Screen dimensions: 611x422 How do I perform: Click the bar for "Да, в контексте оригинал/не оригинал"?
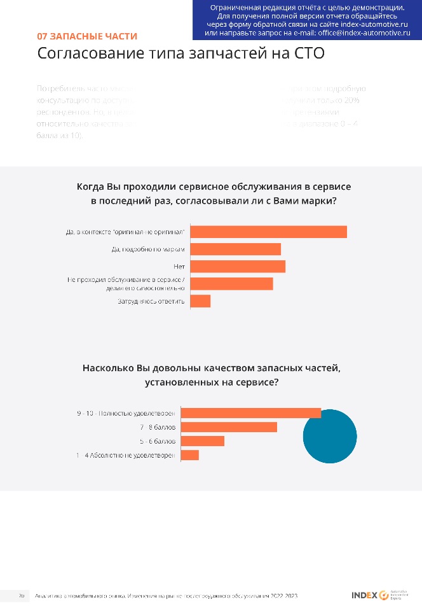click(268, 232)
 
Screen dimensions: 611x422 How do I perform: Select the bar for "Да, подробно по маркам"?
click(235, 249)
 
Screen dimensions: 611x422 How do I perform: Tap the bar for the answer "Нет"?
click(238, 266)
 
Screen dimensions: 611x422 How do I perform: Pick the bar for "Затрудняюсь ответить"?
click(200, 301)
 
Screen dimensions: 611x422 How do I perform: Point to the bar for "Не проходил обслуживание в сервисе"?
click(231, 284)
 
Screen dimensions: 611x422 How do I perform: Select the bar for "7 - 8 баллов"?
click(229, 427)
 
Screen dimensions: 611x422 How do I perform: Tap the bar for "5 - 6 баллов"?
click(203, 441)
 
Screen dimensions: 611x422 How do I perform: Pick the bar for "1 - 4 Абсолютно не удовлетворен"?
click(190, 455)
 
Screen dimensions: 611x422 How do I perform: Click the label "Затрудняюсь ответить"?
click(151, 301)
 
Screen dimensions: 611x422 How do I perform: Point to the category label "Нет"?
click(179, 266)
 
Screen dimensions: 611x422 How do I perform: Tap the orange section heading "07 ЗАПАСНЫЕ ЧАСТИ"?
click(87, 36)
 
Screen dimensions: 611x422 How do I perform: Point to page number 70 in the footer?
click(21, 596)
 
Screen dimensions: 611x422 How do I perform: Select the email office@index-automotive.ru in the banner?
click(364, 31)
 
